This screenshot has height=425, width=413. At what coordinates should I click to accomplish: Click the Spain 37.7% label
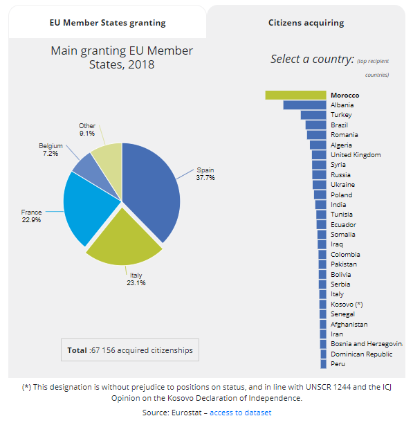point(205,174)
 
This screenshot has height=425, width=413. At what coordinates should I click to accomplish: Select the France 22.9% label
point(31,216)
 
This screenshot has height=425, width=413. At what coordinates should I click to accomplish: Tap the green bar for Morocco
point(295,95)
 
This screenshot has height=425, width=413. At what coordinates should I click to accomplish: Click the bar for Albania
point(304,105)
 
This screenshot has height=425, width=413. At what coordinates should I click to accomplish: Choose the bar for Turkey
point(313,115)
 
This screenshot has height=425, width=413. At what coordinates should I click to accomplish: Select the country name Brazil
point(339,125)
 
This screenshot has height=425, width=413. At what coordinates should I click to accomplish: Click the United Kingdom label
point(356,155)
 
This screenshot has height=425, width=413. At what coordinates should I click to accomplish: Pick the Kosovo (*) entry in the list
point(347,304)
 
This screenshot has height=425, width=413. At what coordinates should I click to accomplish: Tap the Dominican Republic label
point(361,354)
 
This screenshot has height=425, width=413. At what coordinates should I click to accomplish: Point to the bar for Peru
point(323,364)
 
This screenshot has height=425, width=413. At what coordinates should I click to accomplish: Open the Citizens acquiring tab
point(306,23)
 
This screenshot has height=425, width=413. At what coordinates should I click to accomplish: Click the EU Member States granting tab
point(107,23)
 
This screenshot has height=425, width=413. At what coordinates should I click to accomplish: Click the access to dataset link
point(241,413)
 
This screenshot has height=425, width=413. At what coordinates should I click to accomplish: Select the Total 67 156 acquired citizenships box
point(130,350)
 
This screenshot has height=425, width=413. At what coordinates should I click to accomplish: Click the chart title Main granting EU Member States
point(122,57)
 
